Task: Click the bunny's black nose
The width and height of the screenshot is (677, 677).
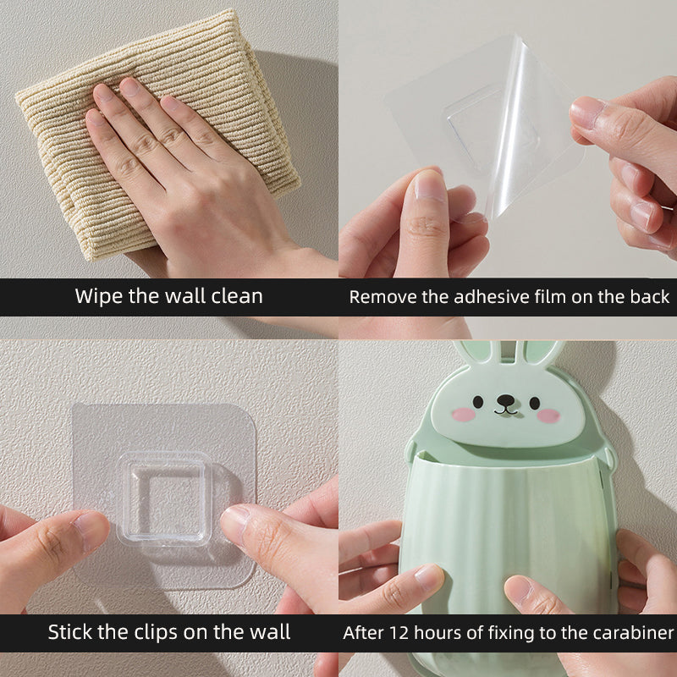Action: click(x=505, y=399)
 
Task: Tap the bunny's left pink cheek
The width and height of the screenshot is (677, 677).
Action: click(x=463, y=415)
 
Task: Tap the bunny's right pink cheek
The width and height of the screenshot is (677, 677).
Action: click(x=548, y=416)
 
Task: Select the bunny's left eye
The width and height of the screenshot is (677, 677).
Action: click(x=477, y=402)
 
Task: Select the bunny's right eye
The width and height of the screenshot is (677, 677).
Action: click(x=535, y=403)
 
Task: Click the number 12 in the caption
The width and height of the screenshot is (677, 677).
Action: click(x=399, y=633)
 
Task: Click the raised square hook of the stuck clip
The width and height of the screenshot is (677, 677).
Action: click(x=163, y=498)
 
